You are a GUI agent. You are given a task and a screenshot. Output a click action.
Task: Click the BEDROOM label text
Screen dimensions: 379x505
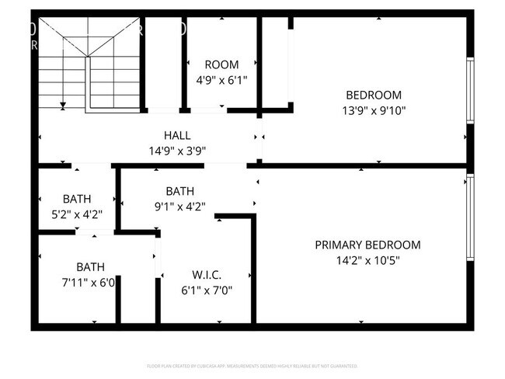pos(374,96)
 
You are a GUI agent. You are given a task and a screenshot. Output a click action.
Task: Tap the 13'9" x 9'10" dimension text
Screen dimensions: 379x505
pos(374,110)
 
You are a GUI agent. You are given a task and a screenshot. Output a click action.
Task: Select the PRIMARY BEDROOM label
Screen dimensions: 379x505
pos(367,245)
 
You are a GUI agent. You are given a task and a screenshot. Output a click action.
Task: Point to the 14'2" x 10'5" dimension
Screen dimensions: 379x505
pos(367,260)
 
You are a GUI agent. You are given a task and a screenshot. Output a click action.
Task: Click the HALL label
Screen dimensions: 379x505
pos(177,135)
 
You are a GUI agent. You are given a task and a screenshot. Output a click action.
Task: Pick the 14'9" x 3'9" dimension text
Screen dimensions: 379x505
pos(177,151)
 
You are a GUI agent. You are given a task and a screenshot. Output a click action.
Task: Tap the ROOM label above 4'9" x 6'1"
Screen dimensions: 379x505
pos(221,64)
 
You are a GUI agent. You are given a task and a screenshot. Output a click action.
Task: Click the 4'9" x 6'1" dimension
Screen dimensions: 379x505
pos(221,79)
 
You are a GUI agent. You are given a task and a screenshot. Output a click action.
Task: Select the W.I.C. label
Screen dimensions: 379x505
pos(207,275)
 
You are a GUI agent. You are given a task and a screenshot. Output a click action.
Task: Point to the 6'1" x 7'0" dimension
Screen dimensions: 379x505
pos(207,290)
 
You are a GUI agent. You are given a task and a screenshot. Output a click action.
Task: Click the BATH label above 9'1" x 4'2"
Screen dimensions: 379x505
pos(179,191)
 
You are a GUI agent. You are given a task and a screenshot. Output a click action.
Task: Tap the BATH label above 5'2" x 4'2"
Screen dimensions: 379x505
pos(77,198)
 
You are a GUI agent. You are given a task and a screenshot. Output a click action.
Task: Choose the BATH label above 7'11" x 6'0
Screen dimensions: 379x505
pos(90,266)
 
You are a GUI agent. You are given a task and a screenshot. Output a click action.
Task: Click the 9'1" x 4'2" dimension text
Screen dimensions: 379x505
pos(179,207)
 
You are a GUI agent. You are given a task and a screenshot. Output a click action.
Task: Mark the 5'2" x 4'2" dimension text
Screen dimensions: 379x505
pos(77,214)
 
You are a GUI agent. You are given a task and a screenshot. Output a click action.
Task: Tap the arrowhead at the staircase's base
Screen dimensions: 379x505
pos(63,104)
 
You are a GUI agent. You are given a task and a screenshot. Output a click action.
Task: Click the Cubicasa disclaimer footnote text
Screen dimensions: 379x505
pos(252,365)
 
